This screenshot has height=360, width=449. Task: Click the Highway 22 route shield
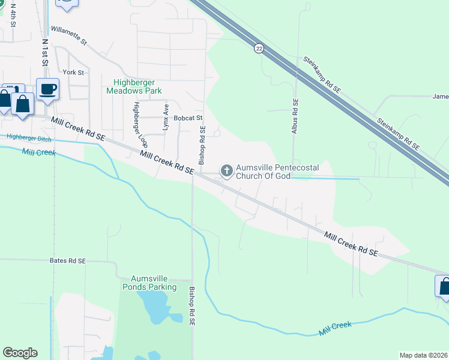click(x=258, y=49)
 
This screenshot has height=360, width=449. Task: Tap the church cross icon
click(x=227, y=171)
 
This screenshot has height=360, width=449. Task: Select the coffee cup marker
click(x=48, y=90)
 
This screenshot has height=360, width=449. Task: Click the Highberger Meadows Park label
click(x=134, y=87)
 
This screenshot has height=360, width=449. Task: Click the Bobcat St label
click(x=188, y=118)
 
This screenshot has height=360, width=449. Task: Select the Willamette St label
click(x=69, y=35)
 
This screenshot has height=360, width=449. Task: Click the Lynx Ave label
click(x=166, y=116)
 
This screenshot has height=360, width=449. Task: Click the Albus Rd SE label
click(x=295, y=116)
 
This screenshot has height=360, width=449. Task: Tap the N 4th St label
click(x=13, y=16)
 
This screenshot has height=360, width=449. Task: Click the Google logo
click(x=20, y=353)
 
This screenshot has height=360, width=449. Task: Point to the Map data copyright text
click(x=423, y=355)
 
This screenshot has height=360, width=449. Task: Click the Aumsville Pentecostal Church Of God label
click(x=263, y=171)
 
